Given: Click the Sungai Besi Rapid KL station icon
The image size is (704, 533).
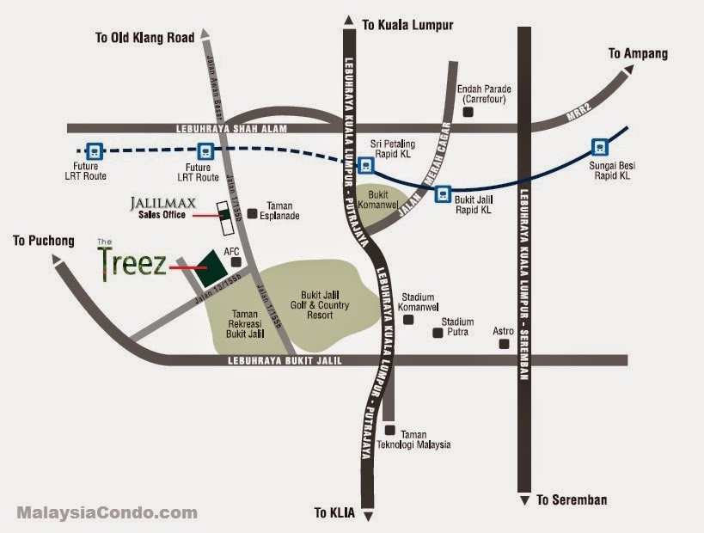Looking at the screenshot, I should [600, 146].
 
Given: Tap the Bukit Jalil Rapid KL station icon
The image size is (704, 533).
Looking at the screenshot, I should [443, 193].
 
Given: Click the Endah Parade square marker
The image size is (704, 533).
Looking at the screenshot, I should [468, 111].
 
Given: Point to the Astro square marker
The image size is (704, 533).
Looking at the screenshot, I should [504, 344].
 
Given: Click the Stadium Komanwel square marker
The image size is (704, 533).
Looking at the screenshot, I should [408, 319].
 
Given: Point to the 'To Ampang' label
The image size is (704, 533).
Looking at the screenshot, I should [638, 53].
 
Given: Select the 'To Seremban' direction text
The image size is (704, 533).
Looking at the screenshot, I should [572, 499].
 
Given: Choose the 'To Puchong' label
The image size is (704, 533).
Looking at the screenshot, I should [44, 241].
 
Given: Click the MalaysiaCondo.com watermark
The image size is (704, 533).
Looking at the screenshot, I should [107, 513].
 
